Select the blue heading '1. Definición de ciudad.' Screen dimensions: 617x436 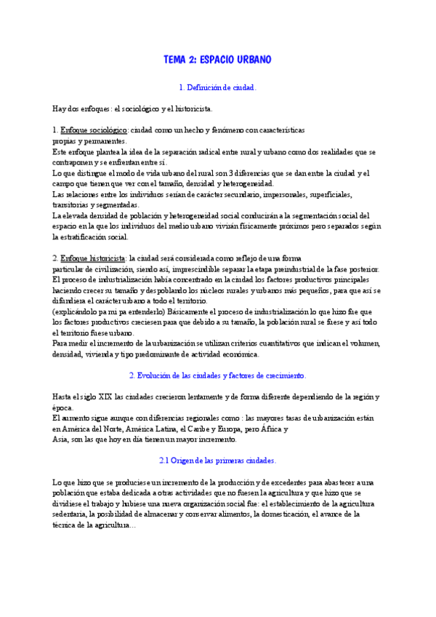tap(217, 87)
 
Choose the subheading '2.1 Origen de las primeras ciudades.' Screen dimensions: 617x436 tap(217, 461)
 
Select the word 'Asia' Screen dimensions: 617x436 tap(60, 439)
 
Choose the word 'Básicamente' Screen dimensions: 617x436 tap(163, 311)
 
